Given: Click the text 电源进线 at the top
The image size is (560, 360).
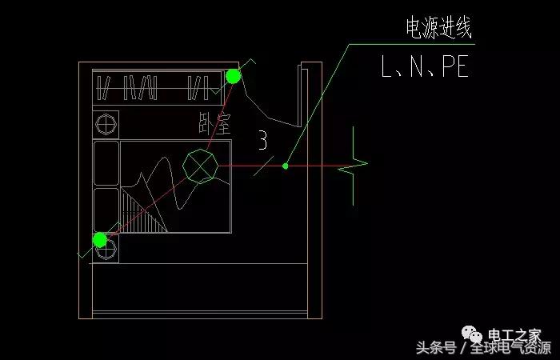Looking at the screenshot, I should tap(439, 30).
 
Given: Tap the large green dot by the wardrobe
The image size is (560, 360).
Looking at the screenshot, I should tap(233, 76).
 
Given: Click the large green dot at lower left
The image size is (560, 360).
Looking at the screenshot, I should tap(100, 239).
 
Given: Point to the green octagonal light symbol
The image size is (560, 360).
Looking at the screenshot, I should tap(200, 166).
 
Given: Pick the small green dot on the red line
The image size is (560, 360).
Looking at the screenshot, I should tap(286, 166).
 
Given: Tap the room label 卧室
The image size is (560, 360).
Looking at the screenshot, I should tap(214, 123).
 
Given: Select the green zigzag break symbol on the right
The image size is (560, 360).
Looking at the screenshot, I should tap(354, 170).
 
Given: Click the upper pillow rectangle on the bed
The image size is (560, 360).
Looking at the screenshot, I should tap(105, 163).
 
